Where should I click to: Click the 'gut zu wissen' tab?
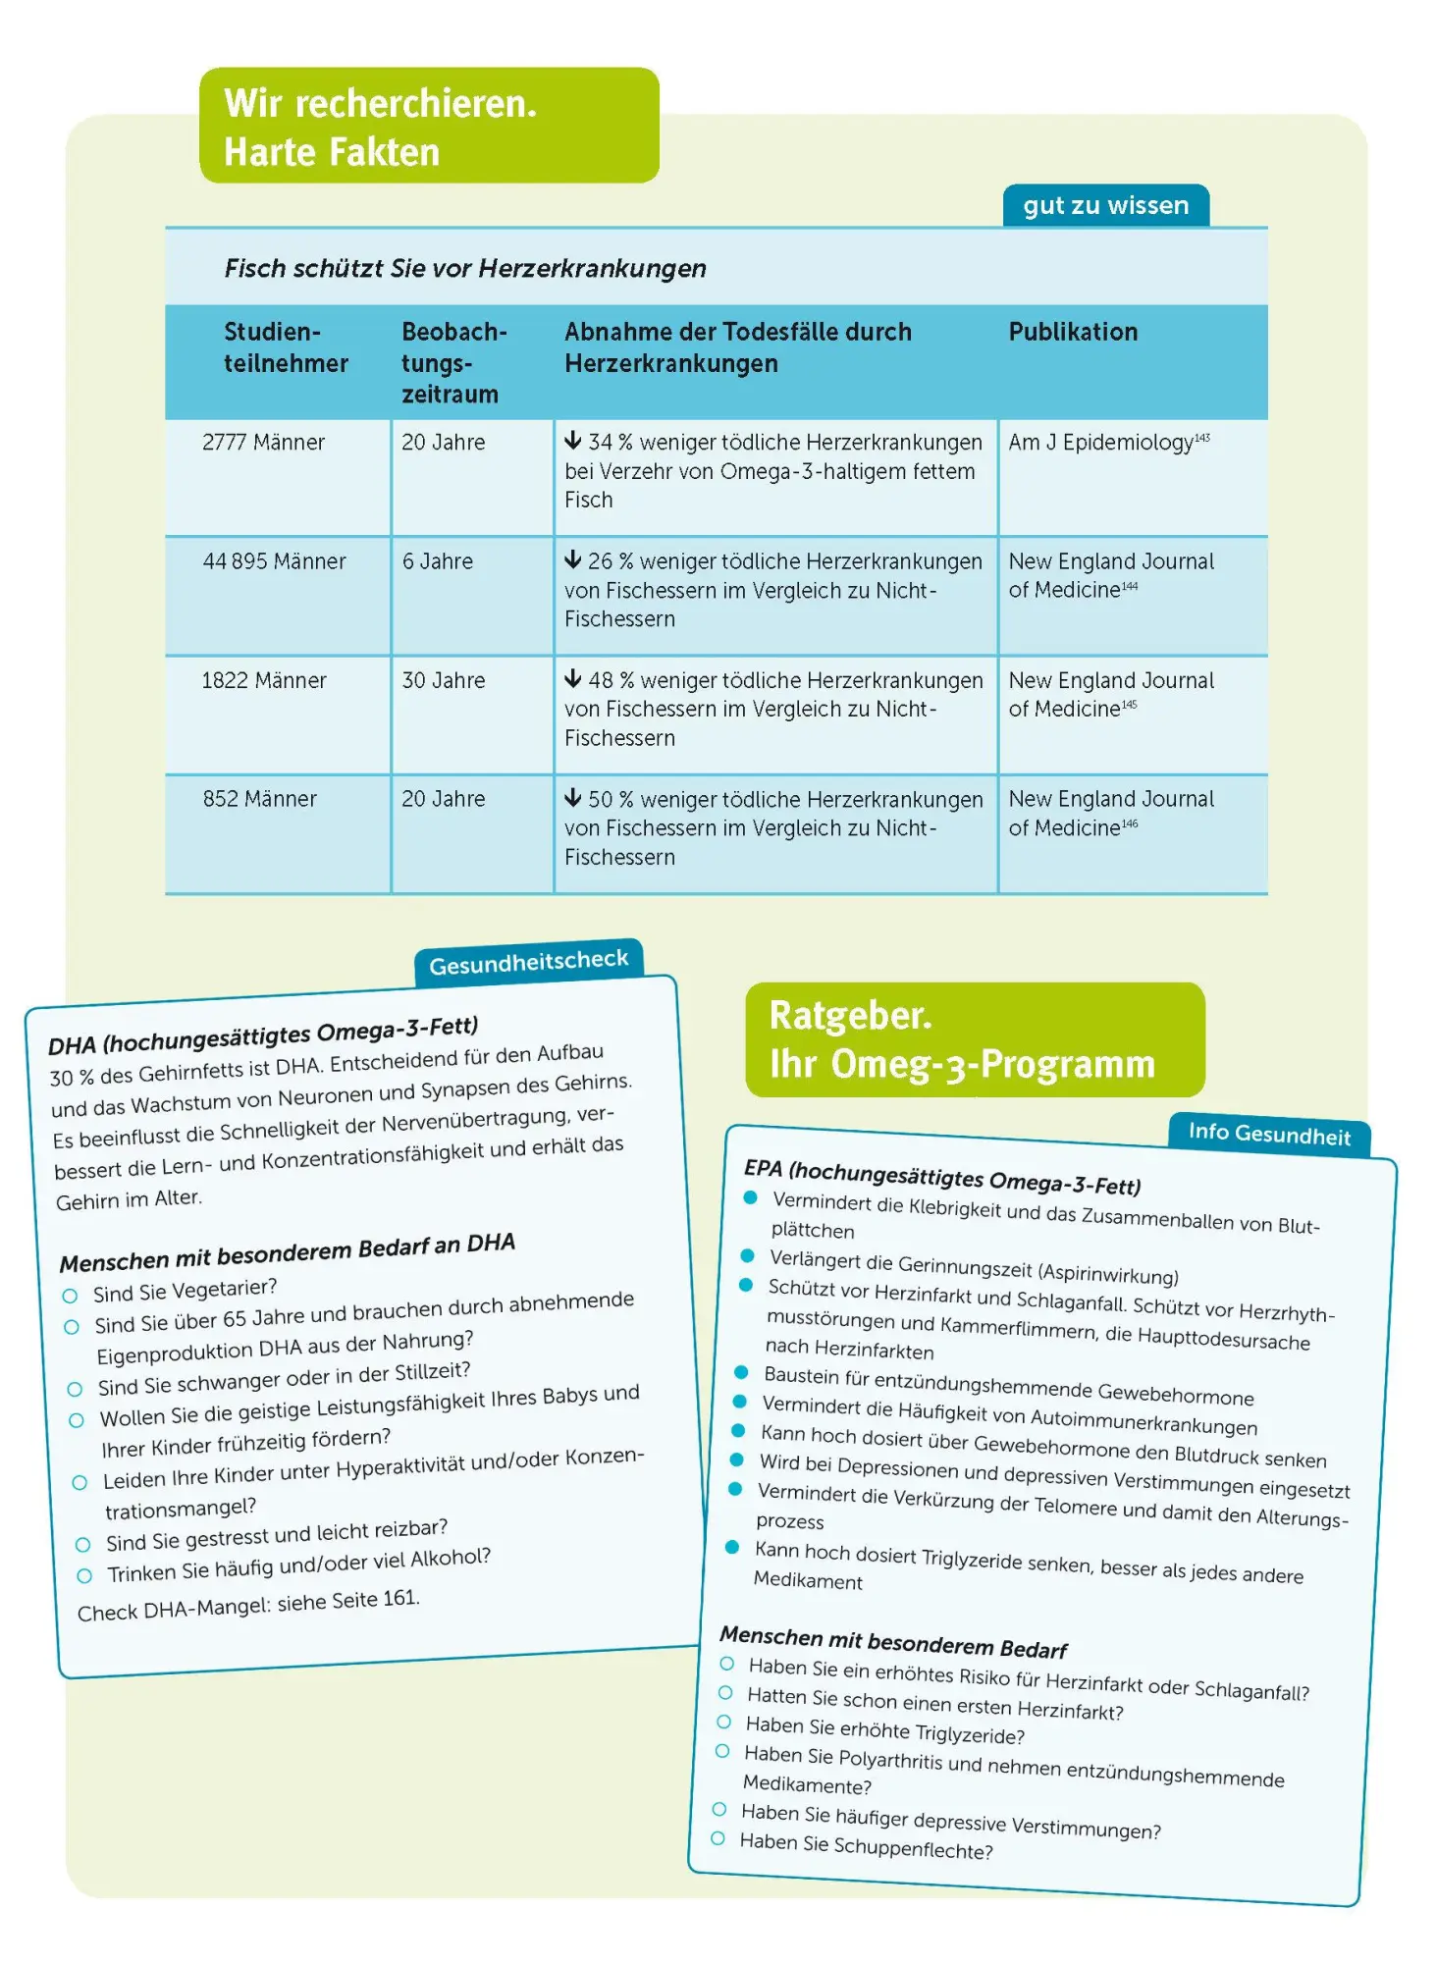pyautogui.click(x=1105, y=205)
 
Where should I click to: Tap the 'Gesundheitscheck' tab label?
pyautogui.click(x=528, y=962)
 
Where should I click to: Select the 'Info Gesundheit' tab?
pyautogui.click(x=1269, y=1134)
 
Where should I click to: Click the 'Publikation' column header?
pyautogui.click(x=1073, y=332)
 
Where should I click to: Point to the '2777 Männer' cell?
pyautogui.click(x=263, y=443)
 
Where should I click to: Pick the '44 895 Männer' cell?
pyautogui.click(x=274, y=561)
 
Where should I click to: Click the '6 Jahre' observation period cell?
pyautogui.click(x=437, y=561)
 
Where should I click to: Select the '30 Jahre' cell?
pyautogui.click(x=443, y=680)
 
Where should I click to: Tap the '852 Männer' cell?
pyautogui.click(x=259, y=799)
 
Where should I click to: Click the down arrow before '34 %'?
pyautogui.click(x=573, y=441)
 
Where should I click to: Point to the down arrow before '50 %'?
pyautogui.click(x=573, y=798)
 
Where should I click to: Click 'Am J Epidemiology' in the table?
pyautogui.click(x=1100, y=443)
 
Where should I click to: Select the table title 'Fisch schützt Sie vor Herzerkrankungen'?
pyautogui.click(x=465, y=268)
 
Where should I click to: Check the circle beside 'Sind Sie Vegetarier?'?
pyautogui.click(x=70, y=1296)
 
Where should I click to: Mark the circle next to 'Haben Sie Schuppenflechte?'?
pyautogui.click(x=718, y=1838)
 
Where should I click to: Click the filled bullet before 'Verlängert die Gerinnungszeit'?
pyautogui.click(x=747, y=1255)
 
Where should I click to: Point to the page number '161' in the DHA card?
pyautogui.click(x=399, y=1598)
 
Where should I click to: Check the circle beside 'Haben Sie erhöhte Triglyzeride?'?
pyautogui.click(x=723, y=1722)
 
